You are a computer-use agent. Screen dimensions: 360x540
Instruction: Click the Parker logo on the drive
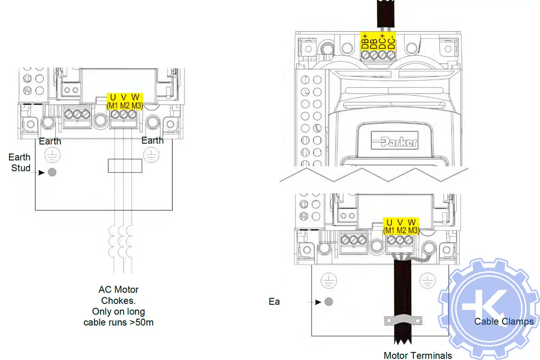pyautogui.click(x=395, y=141)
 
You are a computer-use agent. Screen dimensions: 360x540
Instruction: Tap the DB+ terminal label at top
pyautogui.click(x=365, y=41)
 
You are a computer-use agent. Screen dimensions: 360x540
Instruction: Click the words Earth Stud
pyautogui.click(x=20, y=162)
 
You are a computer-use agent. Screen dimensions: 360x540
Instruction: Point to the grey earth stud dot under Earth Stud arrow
pyautogui.click(x=52, y=172)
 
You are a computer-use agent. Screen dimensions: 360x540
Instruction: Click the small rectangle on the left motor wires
pyautogui.click(x=125, y=166)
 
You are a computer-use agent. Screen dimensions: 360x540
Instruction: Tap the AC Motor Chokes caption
pyautogui.click(x=118, y=295)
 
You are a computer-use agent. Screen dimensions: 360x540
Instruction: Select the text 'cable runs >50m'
pyautogui.click(x=118, y=322)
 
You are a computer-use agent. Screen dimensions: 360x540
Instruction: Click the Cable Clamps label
pyautogui.click(x=504, y=321)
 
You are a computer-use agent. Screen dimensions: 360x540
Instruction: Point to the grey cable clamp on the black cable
pyautogui.click(x=403, y=320)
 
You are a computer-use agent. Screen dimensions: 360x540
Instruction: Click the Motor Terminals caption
pyautogui.click(x=418, y=355)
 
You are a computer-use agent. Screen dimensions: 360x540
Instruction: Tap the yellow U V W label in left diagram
pyautogui.click(x=125, y=101)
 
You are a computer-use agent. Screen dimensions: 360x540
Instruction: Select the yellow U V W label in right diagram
pyautogui.click(x=401, y=226)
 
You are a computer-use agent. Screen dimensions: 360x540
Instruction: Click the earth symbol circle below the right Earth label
pyautogui.click(x=151, y=156)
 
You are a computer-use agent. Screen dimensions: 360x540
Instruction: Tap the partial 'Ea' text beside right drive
pyautogui.click(x=274, y=302)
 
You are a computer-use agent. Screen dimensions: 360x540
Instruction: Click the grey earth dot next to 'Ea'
pyautogui.click(x=329, y=302)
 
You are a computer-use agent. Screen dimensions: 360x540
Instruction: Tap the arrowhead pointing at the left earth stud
pyautogui.click(x=41, y=172)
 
